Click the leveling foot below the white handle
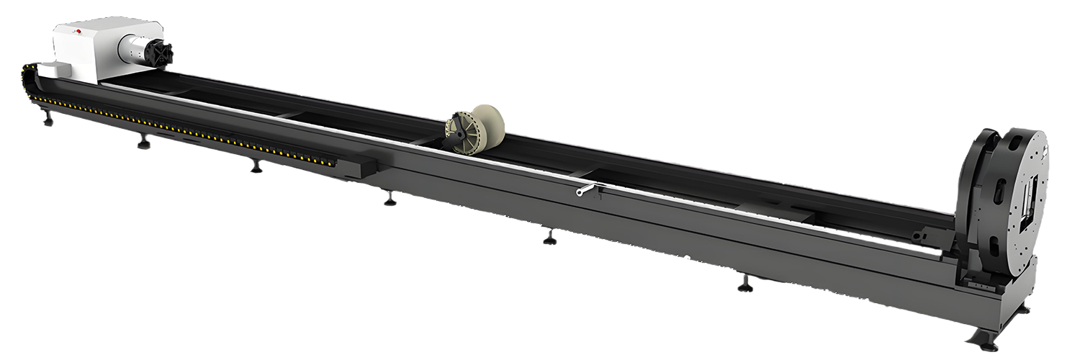click(x=549, y=237)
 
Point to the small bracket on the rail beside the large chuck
click(x=923, y=235)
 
